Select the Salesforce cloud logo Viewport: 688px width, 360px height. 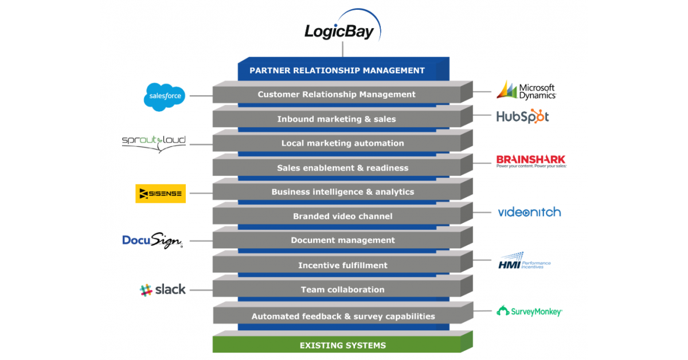(x=165, y=96)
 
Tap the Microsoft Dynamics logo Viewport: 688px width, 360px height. (x=526, y=91)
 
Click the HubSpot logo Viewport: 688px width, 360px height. (x=522, y=116)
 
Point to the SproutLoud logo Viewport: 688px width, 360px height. (x=154, y=143)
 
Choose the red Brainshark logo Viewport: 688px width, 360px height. (x=531, y=161)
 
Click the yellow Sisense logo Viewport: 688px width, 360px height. (x=161, y=194)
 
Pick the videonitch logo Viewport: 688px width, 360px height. (x=529, y=212)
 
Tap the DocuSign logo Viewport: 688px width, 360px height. (x=153, y=241)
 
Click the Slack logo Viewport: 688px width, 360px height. (x=163, y=290)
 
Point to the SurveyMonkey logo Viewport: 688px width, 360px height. (x=529, y=311)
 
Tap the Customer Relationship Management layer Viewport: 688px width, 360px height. (x=337, y=95)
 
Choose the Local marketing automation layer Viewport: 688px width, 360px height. (x=337, y=143)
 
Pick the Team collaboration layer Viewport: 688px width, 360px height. (x=337, y=289)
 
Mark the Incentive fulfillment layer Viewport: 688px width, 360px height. (x=337, y=265)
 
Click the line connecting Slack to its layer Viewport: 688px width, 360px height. (x=201, y=290)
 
